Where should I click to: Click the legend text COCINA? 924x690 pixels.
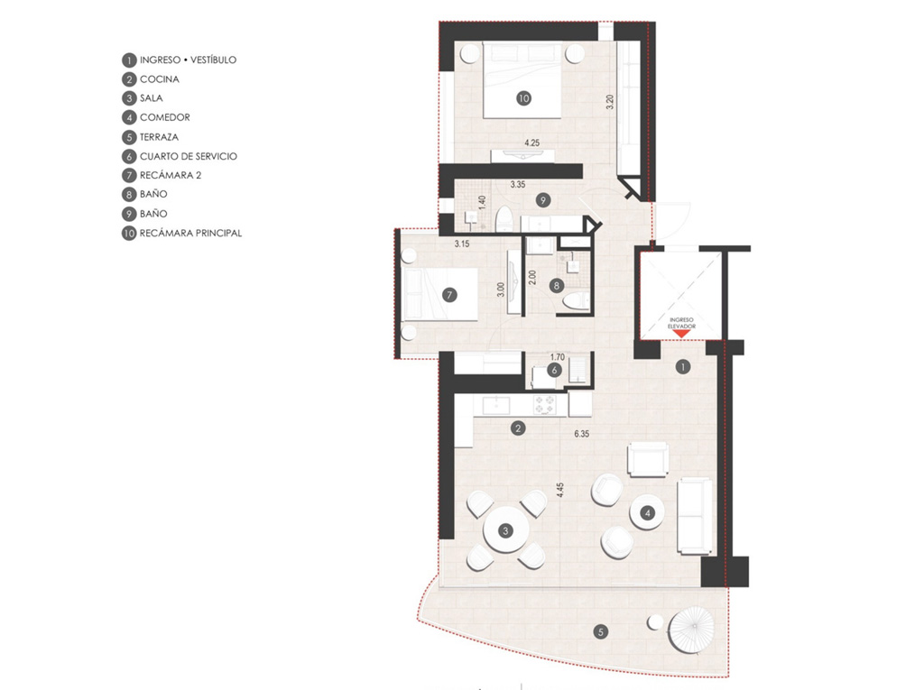point(159,79)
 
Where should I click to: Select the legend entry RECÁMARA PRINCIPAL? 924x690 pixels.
point(190,233)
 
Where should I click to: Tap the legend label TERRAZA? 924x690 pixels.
point(159,137)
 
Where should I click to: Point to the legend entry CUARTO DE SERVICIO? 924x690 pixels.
point(188,156)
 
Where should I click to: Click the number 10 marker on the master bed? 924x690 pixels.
point(523,98)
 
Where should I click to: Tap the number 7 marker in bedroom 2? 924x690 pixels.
point(449,295)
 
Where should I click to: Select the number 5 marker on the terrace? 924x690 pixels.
point(600,632)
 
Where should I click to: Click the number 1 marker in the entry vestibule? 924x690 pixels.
point(682,367)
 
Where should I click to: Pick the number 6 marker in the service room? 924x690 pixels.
point(554,370)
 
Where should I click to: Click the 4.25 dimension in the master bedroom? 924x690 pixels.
point(531,143)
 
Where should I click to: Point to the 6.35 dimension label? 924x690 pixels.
point(582,434)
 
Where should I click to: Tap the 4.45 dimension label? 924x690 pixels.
point(559,491)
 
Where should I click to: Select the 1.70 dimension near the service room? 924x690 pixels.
point(557,357)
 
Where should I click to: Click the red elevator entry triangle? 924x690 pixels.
point(681,334)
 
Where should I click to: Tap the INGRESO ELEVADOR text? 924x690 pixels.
point(681,323)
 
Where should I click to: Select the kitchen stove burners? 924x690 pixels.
point(544,404)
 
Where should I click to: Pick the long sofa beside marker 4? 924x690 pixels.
point(696,516)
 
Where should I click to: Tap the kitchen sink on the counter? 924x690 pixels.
point(496,405)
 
